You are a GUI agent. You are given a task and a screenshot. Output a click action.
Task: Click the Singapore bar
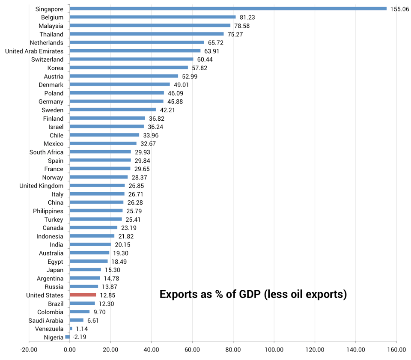pos(228,9)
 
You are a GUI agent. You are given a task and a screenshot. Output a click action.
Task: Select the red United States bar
pos(83,295)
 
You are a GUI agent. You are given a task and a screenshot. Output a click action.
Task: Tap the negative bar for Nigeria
pos(68,337)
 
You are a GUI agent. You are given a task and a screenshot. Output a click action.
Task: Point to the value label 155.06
pos(399,9)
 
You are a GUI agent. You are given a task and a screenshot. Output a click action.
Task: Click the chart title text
pos(253,295)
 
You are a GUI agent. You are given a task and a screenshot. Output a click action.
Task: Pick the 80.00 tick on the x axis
pos(233,350)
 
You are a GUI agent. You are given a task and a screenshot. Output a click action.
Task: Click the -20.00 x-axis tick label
pos(29,350)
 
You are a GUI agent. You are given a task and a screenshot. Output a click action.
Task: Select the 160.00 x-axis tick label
pos(396,350)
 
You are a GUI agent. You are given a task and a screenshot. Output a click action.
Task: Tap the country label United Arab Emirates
pos(34,51)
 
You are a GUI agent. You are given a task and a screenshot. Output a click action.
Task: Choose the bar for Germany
pos(116,101)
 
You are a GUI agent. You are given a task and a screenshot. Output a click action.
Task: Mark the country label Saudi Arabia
pos(46,321)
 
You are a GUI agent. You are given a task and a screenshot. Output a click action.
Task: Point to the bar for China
pos(96,202)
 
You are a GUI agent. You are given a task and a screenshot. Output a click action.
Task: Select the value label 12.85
pos(107,295)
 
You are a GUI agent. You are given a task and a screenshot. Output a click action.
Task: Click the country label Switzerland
pos(47,60)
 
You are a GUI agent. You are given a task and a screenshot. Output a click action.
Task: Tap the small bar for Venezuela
pos(71,329)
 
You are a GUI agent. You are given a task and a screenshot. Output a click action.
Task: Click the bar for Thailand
pos(146,34)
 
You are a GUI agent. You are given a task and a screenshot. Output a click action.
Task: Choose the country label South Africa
pos(46,152)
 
